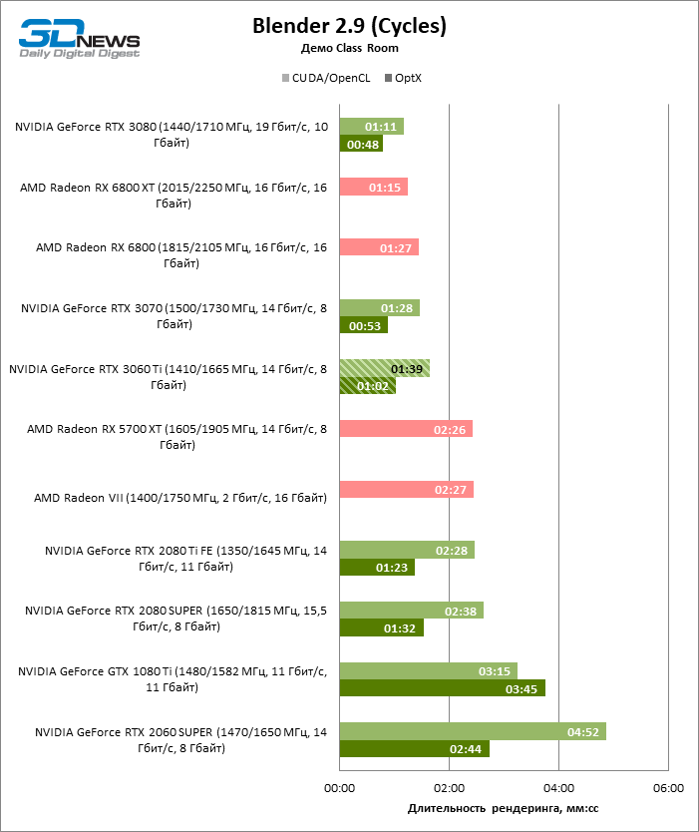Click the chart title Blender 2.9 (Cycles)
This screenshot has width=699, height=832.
349,26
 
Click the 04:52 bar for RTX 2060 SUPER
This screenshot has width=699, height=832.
473,731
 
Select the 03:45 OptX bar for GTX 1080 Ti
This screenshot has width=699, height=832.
442,687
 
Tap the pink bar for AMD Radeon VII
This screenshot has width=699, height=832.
406,490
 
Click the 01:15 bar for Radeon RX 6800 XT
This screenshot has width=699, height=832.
373,187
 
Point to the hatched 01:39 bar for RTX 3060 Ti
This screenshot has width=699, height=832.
384,368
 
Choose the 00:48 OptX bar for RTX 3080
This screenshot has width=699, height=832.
361,144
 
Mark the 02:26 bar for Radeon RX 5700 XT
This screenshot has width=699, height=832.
406,429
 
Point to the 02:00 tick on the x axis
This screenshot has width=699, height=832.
449,788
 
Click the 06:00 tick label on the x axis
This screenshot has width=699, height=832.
668,788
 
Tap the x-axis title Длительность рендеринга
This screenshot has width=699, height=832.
503,808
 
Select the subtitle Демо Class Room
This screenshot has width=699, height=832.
349,48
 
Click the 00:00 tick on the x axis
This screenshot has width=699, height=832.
340,788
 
